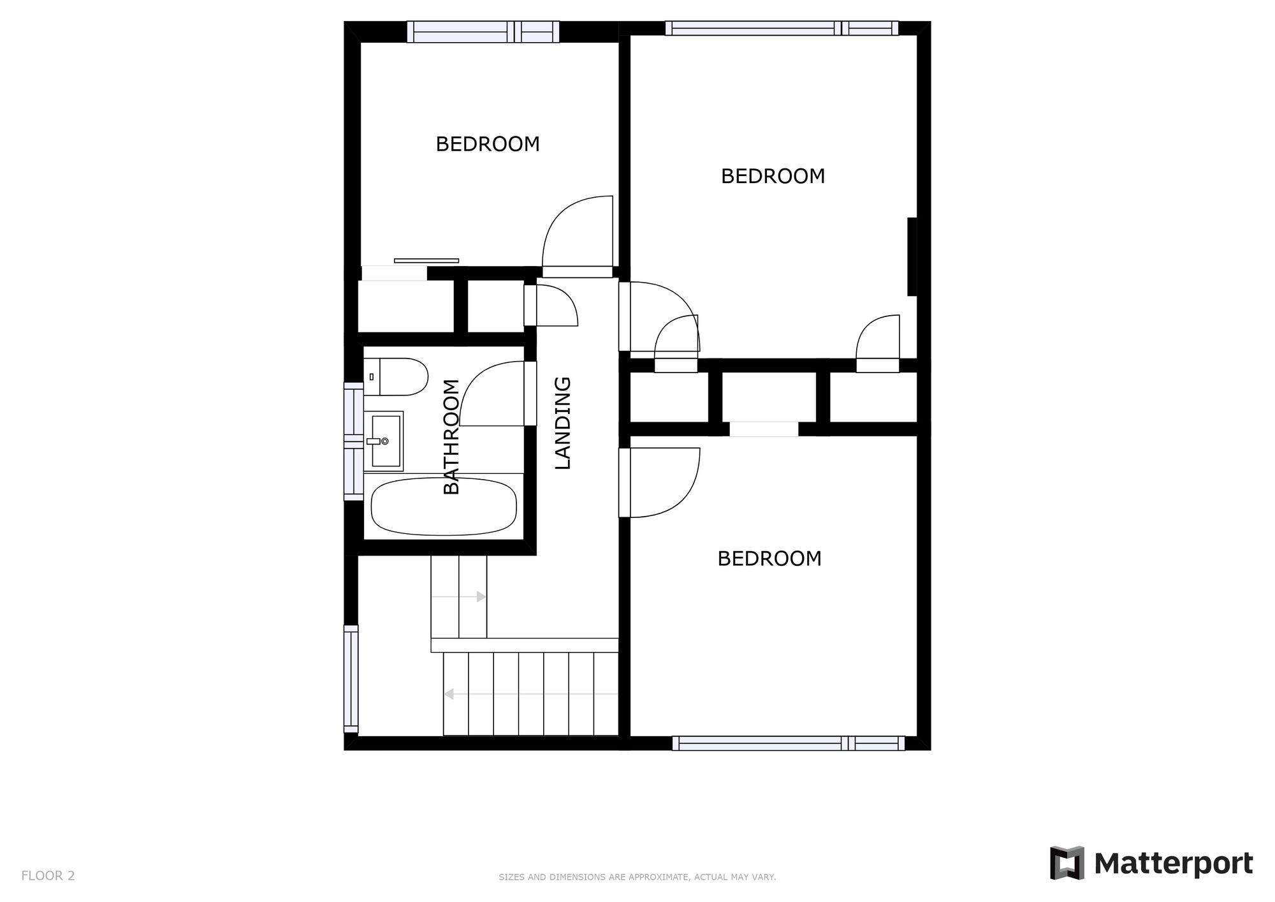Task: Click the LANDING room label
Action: pos(563,423)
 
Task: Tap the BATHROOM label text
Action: pos(451,437)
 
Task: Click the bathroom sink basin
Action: pos(386,441)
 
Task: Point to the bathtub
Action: pos(444,507)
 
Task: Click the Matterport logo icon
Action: pos(1067,863)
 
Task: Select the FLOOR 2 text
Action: pos(48,876)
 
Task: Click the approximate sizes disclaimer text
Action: pos(637,877)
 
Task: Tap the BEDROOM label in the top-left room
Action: pos(488,144)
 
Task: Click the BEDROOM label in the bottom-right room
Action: pos(769,559)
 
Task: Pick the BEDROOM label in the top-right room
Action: pos(773,176)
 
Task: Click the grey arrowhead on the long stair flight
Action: pos(449,693)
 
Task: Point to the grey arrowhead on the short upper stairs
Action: pos(481,596)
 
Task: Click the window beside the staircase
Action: pos(351,679)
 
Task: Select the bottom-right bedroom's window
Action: pos(788,743)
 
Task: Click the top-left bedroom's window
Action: pos(483,31)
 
